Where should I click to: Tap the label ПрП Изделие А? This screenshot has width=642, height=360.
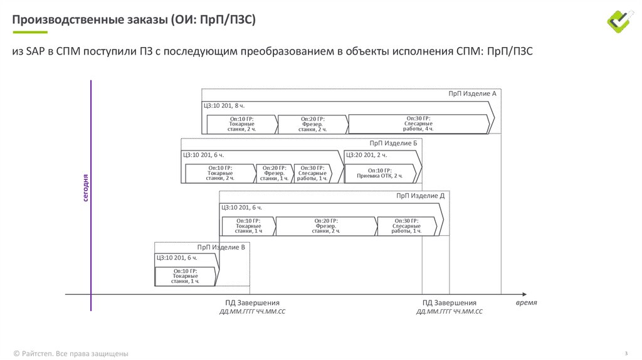pos(472,93)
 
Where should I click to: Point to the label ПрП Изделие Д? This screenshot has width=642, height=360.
pos(420,196)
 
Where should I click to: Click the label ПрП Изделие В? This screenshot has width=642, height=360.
pos(221,247)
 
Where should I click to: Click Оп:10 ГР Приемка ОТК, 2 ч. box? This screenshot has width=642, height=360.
pos(379,173)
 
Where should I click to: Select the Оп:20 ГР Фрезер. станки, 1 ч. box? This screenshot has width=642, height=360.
pos(274,173)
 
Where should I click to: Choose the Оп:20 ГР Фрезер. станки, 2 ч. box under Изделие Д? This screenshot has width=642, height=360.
pos(325,226)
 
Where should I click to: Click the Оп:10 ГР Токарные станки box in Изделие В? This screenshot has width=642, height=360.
pos(185,277)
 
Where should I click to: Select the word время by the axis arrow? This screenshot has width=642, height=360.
pos(527,302)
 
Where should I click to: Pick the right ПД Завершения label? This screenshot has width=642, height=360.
pos(449,303)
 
